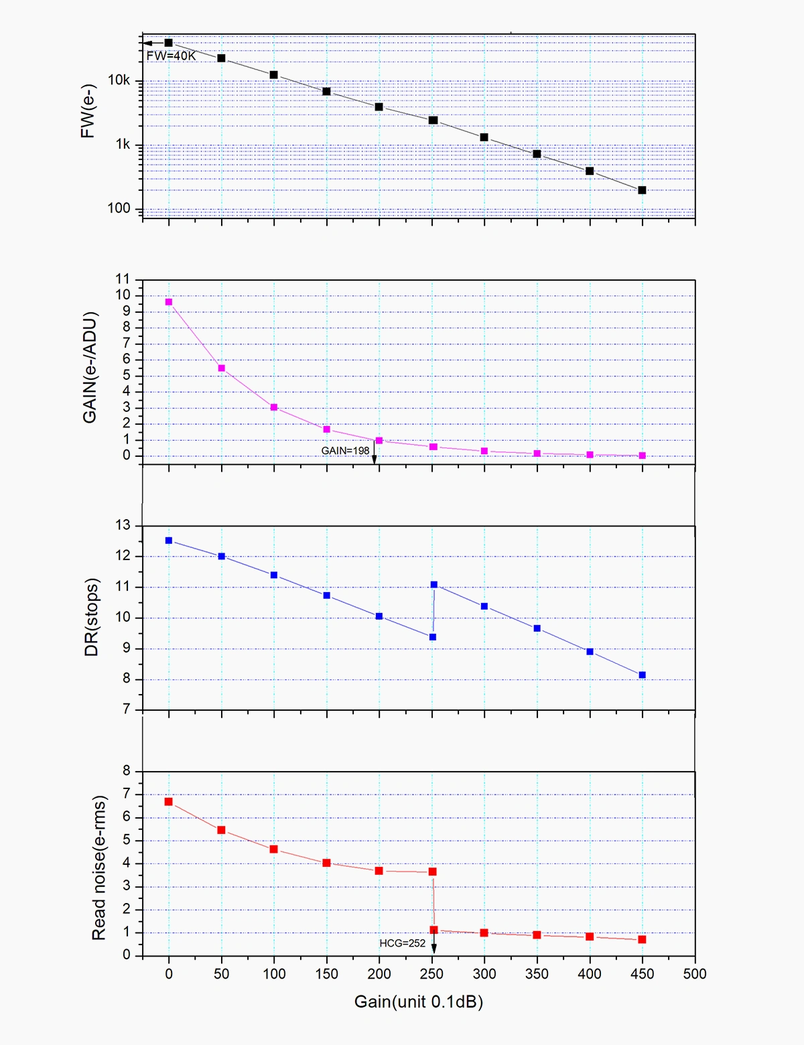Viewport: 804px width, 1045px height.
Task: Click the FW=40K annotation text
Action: tap(172, 56)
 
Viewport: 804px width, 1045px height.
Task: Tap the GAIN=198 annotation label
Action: tap(345, 451)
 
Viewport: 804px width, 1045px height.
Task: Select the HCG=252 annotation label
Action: tap(402, 943)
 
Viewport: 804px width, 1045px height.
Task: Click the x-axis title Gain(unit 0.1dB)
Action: tap(418, 1002)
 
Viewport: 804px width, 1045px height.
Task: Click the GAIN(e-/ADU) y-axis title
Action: tap(90, 367)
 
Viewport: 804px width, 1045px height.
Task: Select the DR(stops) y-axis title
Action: tap(92, 617)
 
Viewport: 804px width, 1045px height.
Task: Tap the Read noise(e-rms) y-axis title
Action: tap(98, 867)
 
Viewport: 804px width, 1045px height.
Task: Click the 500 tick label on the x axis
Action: tap(695, 974)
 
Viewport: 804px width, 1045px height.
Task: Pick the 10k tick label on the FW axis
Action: tap(119, 80)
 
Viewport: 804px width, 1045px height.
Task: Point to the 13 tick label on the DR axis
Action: tap(123, 525)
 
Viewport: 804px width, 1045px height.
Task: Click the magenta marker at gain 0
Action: tap(169, 302)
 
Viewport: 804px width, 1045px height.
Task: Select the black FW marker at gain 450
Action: tap(642, 190)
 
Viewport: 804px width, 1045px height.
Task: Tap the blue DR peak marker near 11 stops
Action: tap(434, 585)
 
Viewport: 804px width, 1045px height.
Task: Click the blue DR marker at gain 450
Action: tap(642, 675)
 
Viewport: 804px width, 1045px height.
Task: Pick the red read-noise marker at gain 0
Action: tap(169, 802)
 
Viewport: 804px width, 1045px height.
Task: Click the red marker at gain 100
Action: tap(274, 849)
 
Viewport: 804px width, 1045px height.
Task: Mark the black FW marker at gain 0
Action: tap(169, 43)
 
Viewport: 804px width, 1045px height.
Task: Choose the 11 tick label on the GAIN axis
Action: tap(123, 279)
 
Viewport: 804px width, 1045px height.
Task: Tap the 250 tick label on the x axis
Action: tap(432, 974)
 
